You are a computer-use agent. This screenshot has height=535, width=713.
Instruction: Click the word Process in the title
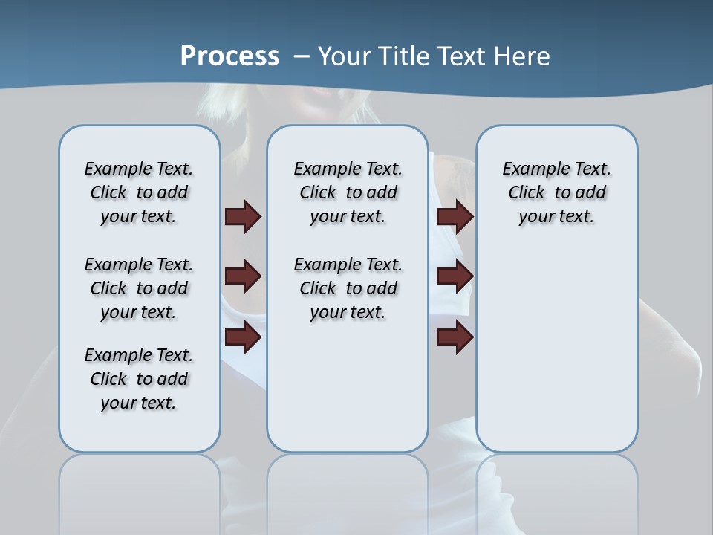(229, 56)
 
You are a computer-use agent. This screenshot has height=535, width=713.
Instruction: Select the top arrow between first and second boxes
(243, 217)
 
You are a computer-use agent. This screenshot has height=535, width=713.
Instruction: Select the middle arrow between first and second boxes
(243, 277)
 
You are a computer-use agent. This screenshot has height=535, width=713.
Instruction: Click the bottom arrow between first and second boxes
(243, 337)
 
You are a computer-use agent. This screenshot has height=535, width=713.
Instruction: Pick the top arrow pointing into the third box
(455, 217)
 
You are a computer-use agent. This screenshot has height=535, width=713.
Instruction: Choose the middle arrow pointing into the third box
(455, 277)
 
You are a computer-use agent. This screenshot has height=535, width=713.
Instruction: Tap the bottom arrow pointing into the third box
(455, 337)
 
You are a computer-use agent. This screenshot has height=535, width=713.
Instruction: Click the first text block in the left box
(139, 192)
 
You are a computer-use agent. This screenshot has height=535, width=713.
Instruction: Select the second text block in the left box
(139, 288)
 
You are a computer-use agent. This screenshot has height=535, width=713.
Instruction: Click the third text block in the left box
(139, 379)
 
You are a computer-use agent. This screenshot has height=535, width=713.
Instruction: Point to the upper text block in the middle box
(348, 192)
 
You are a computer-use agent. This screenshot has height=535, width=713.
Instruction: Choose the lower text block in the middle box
(348, 288)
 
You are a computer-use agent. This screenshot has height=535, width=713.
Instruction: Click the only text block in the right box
(556, 192)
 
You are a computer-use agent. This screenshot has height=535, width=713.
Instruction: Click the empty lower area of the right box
(556, 357)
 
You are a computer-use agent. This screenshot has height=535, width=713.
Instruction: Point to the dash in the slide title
(302, 56)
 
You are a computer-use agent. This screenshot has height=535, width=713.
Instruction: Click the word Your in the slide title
(345, 56)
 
